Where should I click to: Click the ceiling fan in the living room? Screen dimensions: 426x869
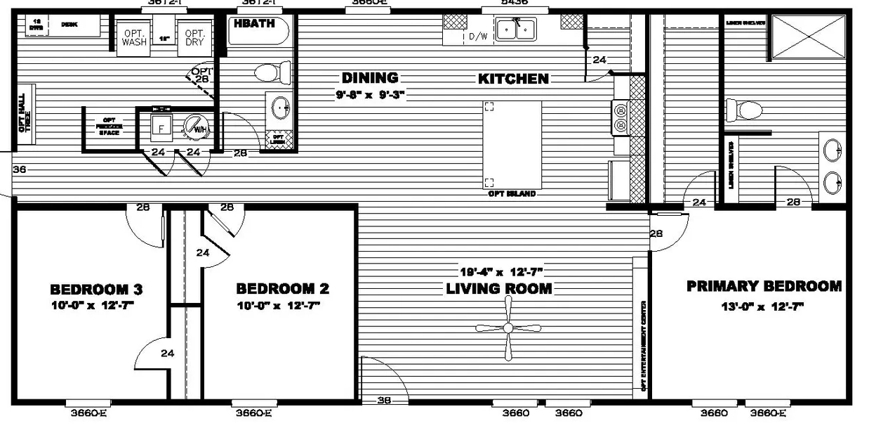click(x=508, y=328)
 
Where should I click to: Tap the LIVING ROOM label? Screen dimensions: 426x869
click(x=499, y=288)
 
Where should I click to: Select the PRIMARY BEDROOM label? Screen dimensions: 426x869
click(x=764, y=286)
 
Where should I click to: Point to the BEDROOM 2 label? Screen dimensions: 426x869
click(x=282, y=288)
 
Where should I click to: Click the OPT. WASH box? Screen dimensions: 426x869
click(x=134, y=37)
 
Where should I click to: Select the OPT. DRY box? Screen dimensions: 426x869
click(x=194, y=37)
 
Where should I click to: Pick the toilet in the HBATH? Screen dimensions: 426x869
click(x=272, y=72)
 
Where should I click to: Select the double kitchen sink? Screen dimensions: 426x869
click(x=515, y=30)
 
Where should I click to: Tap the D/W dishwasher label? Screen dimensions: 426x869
click(x=478, y=37)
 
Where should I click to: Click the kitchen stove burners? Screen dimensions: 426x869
click(x=621, y=117)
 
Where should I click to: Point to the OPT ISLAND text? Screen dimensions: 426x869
click(x=512, y=193)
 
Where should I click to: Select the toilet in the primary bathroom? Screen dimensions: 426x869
click(x=744, y=110)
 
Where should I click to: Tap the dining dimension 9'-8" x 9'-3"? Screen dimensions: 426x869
click(x=371, y=93)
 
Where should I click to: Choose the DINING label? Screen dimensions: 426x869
click(x=370, y=78)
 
